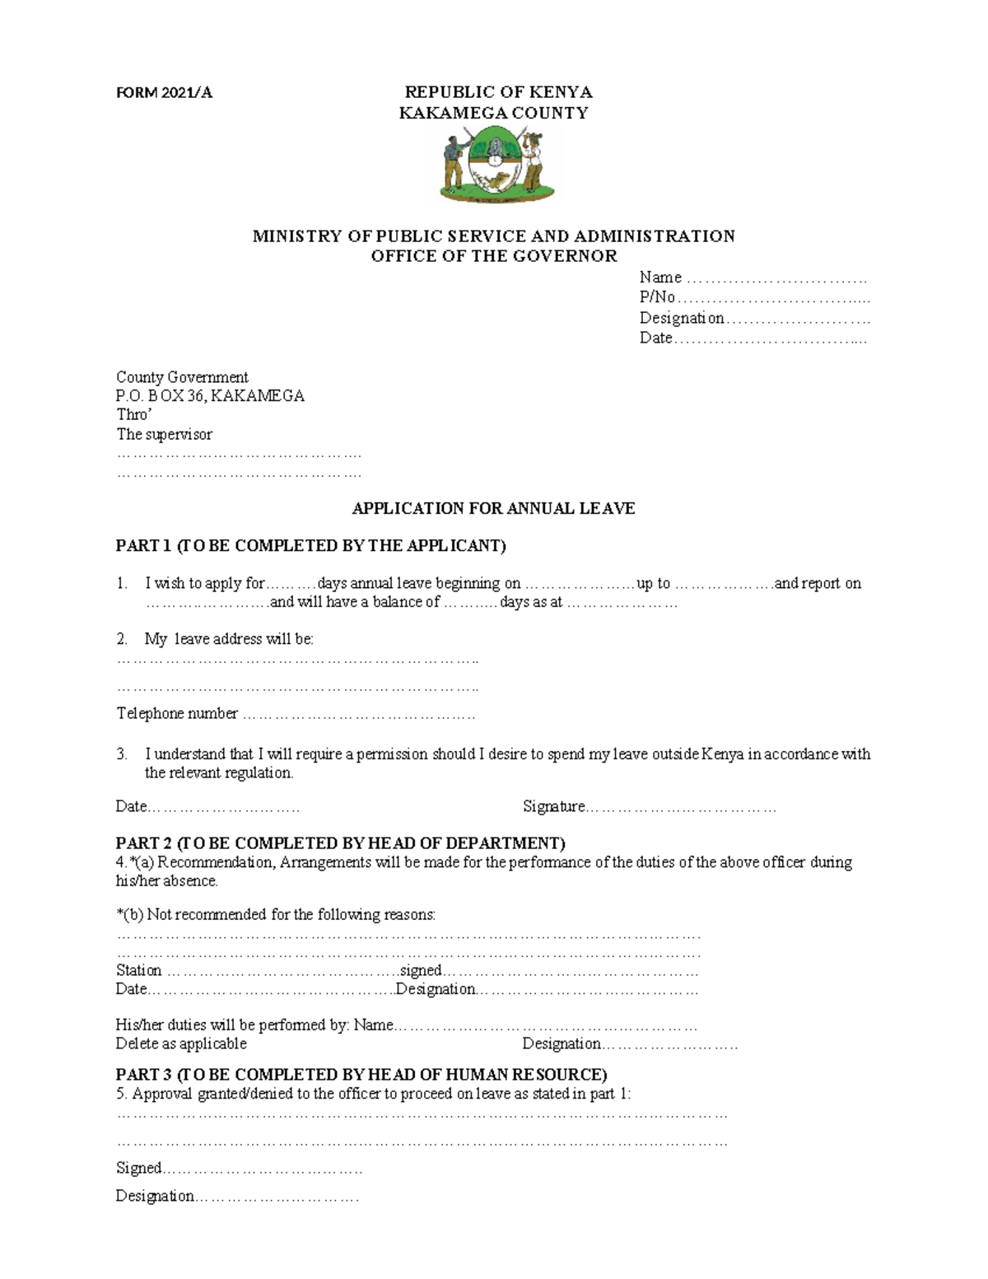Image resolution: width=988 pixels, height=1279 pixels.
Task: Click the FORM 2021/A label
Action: (x=164, y=92)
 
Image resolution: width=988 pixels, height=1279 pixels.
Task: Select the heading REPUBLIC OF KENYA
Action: (x=498, y=91)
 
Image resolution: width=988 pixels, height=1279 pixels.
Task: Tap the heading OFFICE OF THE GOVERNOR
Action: (x=493, y=255)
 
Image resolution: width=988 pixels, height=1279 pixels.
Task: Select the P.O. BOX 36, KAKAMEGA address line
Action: (x=210, y=395)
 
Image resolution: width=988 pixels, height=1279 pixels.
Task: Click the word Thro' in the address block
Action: (x=134, y=414)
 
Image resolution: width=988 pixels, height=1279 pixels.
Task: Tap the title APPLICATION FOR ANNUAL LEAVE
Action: (x=493, y=508)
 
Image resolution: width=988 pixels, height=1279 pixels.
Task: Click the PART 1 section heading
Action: (x=310, y=545)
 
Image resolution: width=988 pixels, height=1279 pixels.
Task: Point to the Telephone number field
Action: (x=358, y=714)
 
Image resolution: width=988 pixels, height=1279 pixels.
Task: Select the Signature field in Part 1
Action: (x=680, y=807)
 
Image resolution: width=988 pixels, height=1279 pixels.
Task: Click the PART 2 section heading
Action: (x=340, y=843)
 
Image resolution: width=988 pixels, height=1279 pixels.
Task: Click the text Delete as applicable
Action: (x=181, y=1043)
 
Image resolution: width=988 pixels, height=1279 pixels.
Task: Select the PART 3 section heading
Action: (x=361, y=1074)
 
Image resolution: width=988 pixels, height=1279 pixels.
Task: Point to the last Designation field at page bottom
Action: (x=276, y=1196)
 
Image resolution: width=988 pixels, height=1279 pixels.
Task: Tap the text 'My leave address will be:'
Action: (x=229, y=638)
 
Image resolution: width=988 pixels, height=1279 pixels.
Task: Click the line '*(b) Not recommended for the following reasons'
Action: (x=276, y=914)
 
